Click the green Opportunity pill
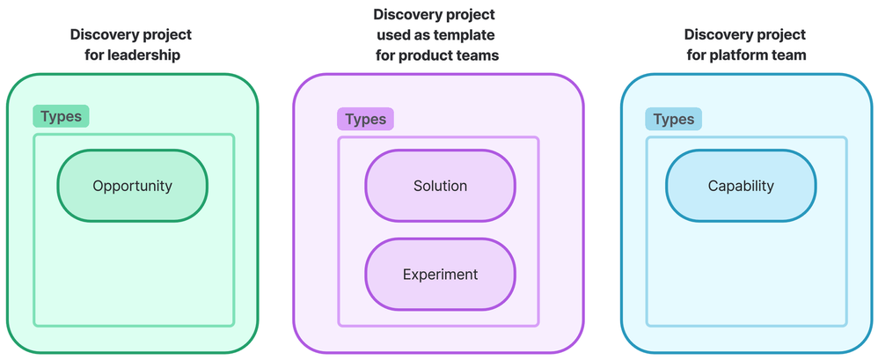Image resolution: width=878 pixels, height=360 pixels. click(132, 186)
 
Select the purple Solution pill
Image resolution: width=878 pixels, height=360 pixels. click(440, 186)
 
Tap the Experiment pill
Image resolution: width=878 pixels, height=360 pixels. click(440, 274)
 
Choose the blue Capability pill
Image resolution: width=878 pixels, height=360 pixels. click(741, 186)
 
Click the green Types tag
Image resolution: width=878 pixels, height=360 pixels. click(61, 116)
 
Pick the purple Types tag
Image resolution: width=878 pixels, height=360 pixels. click(365, 119)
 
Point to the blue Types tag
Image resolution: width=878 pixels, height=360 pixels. click(673, 119)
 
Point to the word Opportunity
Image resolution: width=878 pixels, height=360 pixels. click(132, 186)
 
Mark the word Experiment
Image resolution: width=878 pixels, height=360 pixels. click(440, 274)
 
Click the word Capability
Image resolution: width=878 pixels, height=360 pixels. click(741, 186)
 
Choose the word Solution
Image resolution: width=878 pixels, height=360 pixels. click(440, 186)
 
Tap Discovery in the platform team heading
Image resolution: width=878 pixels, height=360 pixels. click(721, 34)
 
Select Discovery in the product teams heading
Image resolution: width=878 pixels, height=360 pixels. click(410, 14)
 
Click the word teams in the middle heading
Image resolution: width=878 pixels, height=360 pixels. click(479, 55)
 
